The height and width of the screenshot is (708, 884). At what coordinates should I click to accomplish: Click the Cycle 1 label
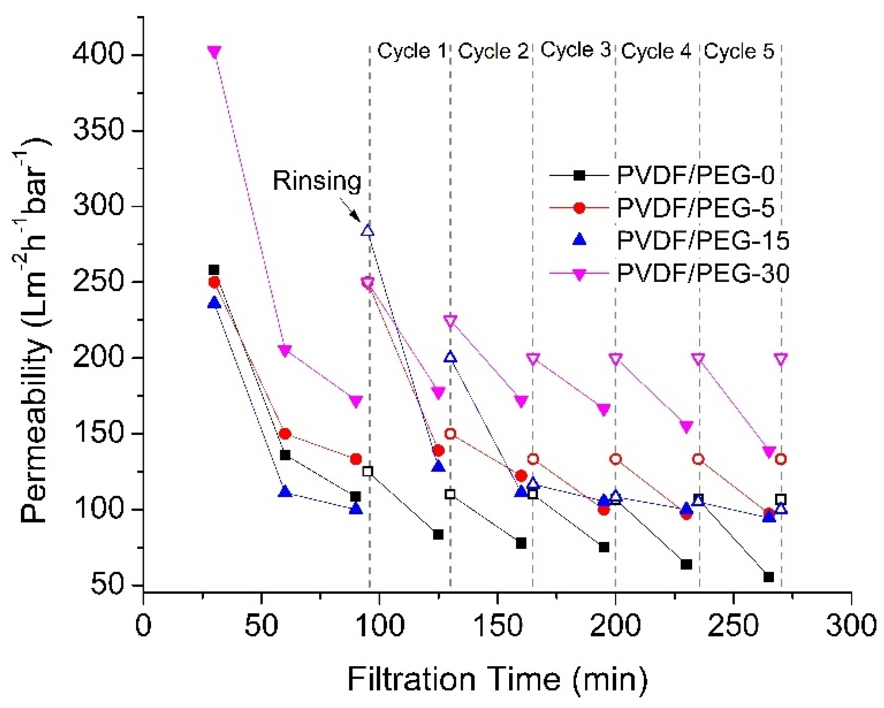(411, 51)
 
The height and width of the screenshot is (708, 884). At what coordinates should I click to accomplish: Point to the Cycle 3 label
(575, 50)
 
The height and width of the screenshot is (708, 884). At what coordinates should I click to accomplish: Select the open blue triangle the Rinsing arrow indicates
(368, 231)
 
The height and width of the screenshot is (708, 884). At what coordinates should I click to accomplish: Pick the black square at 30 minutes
(213, 270)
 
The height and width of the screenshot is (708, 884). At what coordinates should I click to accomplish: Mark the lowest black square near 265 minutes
(768, 577)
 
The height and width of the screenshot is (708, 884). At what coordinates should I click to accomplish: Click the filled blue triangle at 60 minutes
(285, 491)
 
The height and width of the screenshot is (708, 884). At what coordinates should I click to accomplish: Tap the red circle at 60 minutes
(285, 434)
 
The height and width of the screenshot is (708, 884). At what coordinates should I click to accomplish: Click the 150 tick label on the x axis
(497, 626)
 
